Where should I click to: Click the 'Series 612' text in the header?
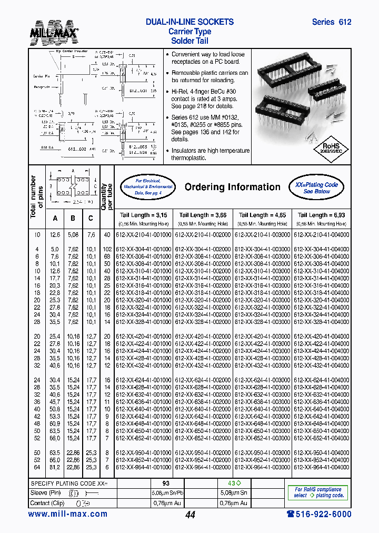pos(331,22)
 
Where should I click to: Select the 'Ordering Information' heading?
pos(232,187)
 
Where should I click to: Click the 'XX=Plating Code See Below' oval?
pos(316,186)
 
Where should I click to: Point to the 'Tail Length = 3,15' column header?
pos(143,215)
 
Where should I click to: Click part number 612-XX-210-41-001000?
pos(143,235)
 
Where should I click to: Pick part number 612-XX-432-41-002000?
pos(203,365)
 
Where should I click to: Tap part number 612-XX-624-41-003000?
pos(262,380)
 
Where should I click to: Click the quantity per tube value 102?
pos(107,249)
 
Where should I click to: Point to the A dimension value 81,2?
pos(55,467)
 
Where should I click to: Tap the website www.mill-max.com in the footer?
pos(67,514)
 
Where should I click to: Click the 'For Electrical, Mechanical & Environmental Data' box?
pos(147,187)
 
